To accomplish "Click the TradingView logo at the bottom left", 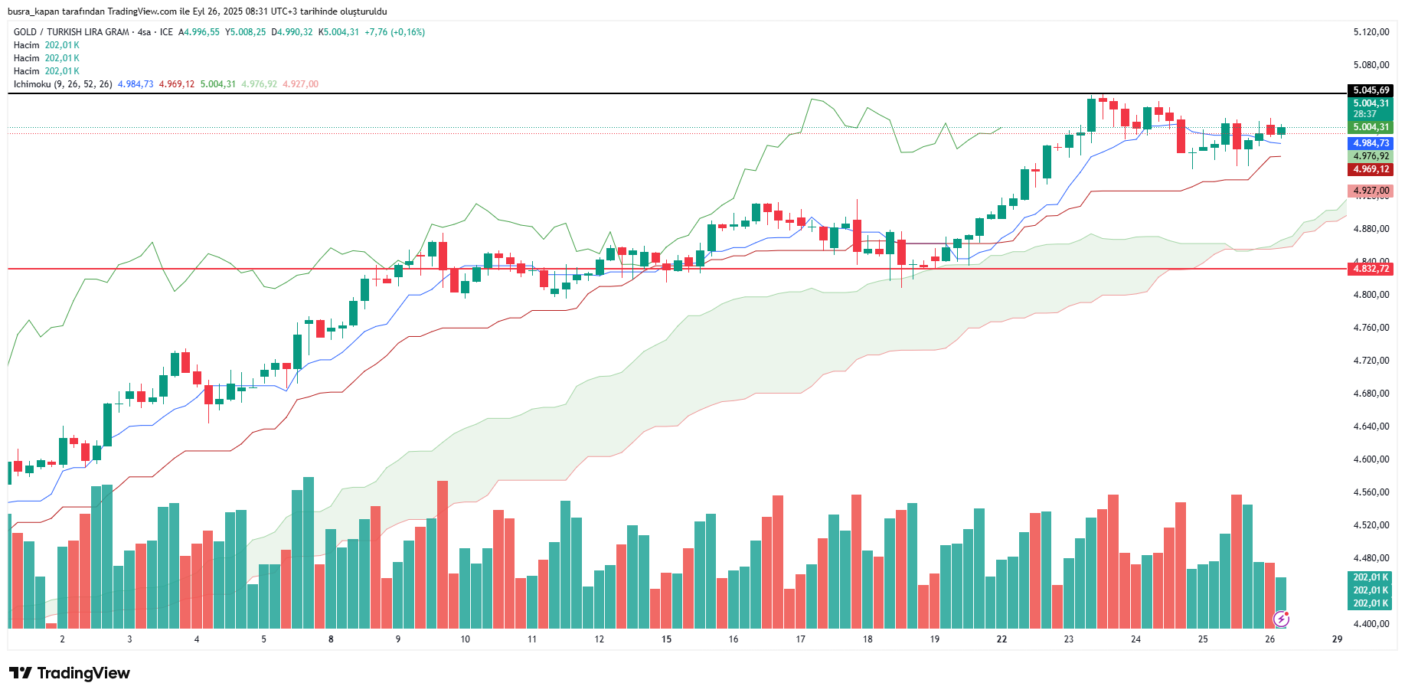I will [x=70, y=673].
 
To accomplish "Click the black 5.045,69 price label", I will [x=1371, y=90].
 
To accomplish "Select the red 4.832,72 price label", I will [x=1371, y=269].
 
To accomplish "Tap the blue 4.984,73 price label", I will [x=1371, y=143].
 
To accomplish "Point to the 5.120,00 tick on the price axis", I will [x=1371, y=32].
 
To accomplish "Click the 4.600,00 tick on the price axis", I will [x=1371, y=459].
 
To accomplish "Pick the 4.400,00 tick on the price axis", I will [x=1371, y=624].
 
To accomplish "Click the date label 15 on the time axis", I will [x=666, y=639].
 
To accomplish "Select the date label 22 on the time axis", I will [x=1001, y=639].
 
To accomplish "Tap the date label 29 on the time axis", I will [x=1337, y=639].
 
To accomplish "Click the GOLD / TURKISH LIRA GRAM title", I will [x=71, y=32].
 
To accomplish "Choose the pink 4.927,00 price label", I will [x=1371, y=191].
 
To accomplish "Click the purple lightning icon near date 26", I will [x=1281, y=619].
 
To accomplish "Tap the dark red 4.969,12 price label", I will [x=1371, y=169].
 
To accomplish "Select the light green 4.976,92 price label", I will [x=1371, y=156].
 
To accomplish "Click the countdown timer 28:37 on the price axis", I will [x=1364, y=114].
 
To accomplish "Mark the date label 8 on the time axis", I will [x=331, y=639].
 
